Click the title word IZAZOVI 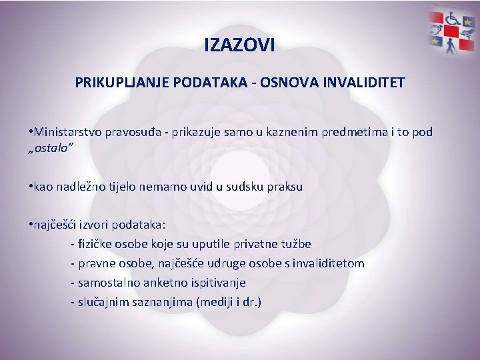pos(239,46)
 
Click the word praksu pos(285,187)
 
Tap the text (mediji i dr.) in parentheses pos(229,301)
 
